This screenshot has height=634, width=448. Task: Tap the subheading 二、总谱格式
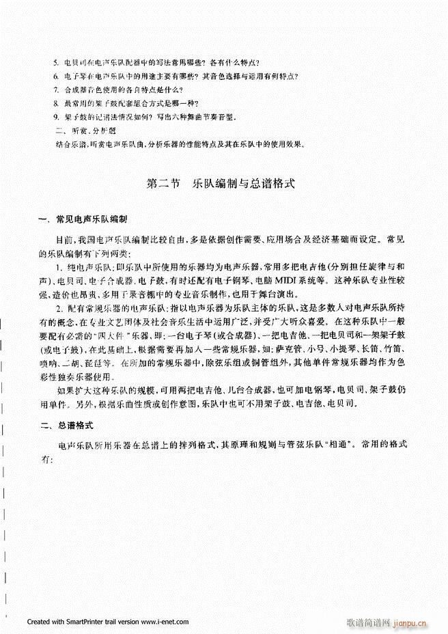coord(66,426)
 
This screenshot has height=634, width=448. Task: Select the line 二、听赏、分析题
coord(79,130)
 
